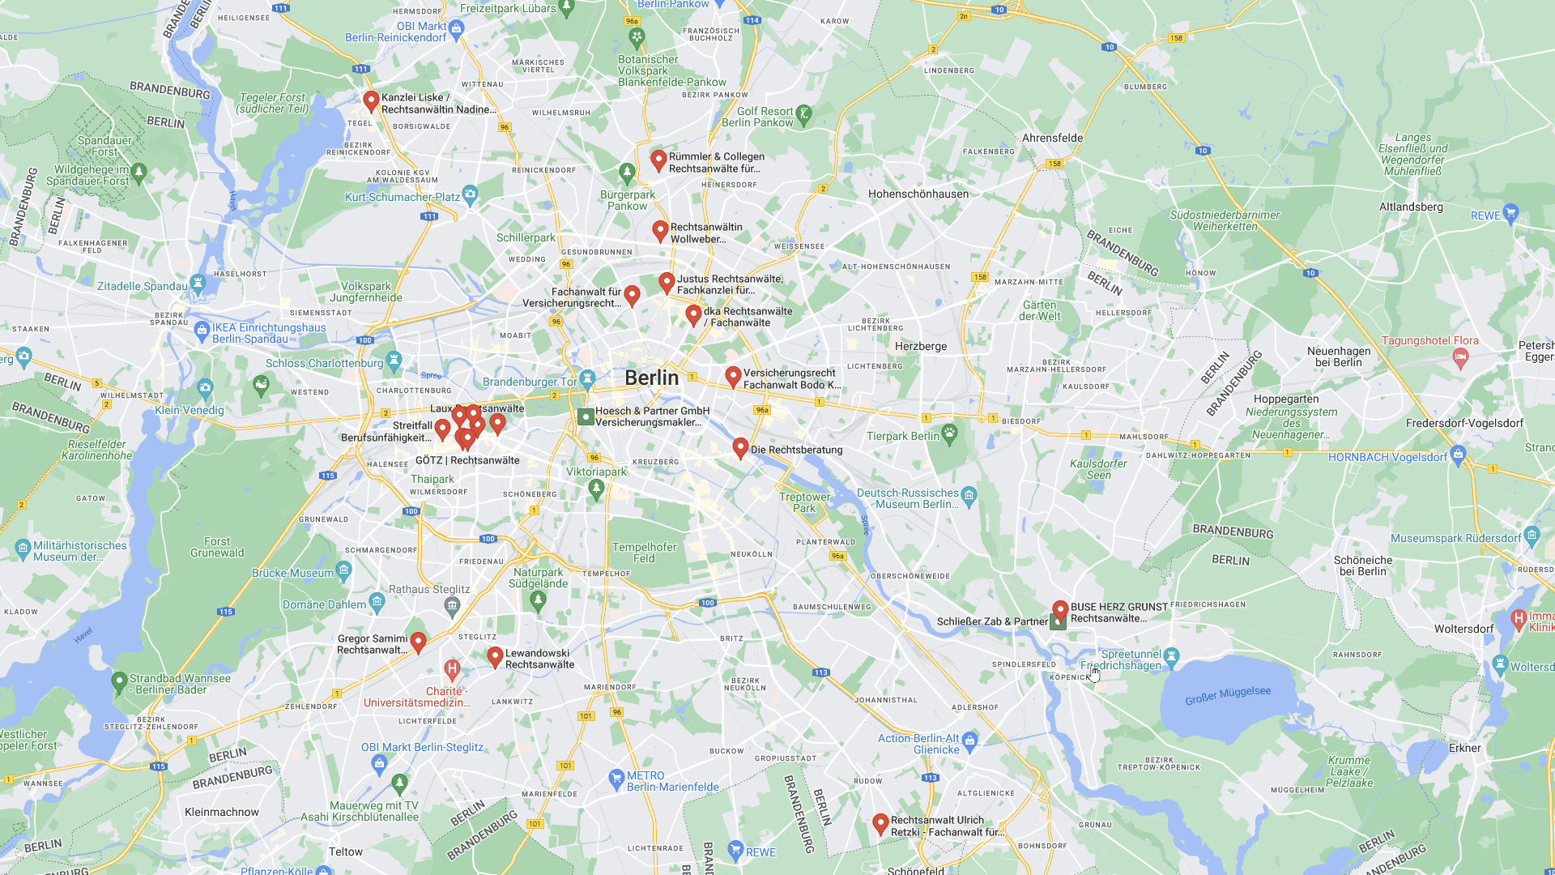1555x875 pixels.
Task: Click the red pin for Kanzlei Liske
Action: pos(371,101)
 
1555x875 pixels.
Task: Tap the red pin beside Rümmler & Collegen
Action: pos(658,160)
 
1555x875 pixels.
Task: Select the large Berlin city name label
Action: pos(651,378)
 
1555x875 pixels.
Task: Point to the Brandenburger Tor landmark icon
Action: pos(588,378)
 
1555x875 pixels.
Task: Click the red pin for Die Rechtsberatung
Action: pos(740,447)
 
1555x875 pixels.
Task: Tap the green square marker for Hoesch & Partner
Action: pos(586,417)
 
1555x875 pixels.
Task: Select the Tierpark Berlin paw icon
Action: pos(950,433)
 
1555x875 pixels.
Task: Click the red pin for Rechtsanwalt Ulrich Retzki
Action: pos(880,824)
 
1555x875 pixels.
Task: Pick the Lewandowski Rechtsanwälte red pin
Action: pos(495,656)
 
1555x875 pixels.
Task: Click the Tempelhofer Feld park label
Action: pos(644,553)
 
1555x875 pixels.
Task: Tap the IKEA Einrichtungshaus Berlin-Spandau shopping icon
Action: pos(202,330)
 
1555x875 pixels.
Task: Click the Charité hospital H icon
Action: pos(452,669)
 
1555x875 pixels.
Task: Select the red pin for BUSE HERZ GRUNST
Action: pos(1060,609)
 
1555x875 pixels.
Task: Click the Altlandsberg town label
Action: pos(1411,207)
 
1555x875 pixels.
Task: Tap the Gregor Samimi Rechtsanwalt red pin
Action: pos(418,642)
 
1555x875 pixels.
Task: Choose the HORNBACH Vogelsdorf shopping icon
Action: pos(1459,454)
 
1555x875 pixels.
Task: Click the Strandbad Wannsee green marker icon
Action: pos(119,681)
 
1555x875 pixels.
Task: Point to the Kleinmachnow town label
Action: pos(222,812)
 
